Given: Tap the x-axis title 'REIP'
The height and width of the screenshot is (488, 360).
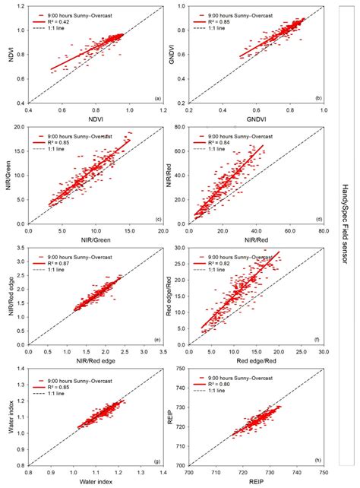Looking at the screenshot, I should pos(256,482).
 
